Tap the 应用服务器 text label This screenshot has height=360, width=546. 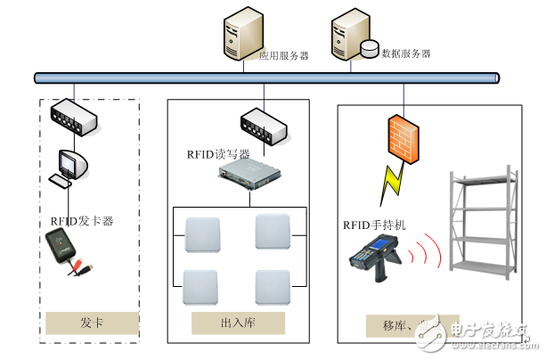coord(283,55)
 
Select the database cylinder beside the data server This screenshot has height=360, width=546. coord(369,48)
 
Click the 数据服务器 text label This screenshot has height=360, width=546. coord(405,53)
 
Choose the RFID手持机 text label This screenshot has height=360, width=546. coord(374,225)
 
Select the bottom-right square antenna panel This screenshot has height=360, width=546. coord(273,286)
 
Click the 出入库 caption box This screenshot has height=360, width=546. coord(238,322)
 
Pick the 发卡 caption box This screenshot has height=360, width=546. coord(92,322)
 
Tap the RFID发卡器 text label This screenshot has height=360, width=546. coord(81,219)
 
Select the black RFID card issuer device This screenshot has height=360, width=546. coord(66,246)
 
